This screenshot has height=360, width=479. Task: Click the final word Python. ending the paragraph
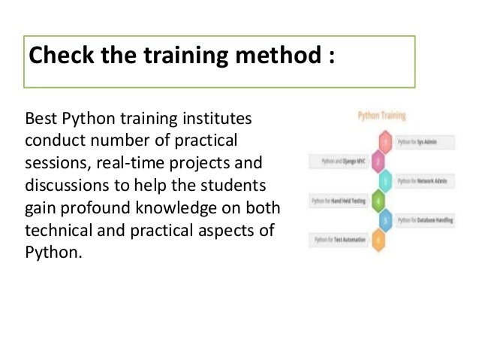tap(51, 250)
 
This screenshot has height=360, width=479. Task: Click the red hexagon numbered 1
tap(386, 141)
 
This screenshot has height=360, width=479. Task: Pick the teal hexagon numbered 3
tap(386, 181)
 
